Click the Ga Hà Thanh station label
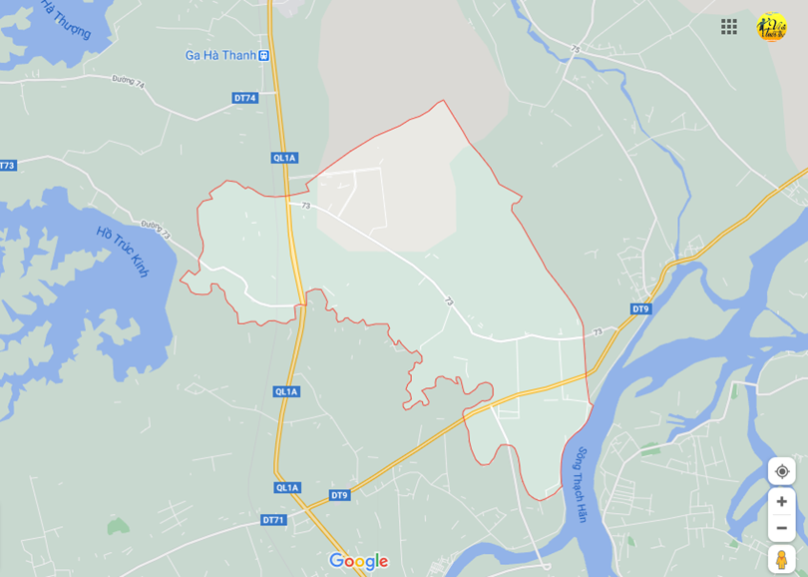[x=220, y=56]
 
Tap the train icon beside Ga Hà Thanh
[x=263, y=56]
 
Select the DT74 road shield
[x=245, y=98]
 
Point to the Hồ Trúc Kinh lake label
[x=123, y=252]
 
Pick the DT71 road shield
[x=273, y=520]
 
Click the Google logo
[x=358, y=561]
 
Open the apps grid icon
[x=729, y=27]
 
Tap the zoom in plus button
[x=781, y=501]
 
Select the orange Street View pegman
[x=781, y=559]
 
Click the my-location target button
[x=781, y=471]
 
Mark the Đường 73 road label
[x=156, y=229]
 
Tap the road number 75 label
[x=575, y=49]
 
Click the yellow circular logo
[x=771, y=27]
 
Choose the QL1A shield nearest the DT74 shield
[x=284, y=158]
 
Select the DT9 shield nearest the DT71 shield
[x=339, y=495]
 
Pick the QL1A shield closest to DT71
[x=287, y=487]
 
